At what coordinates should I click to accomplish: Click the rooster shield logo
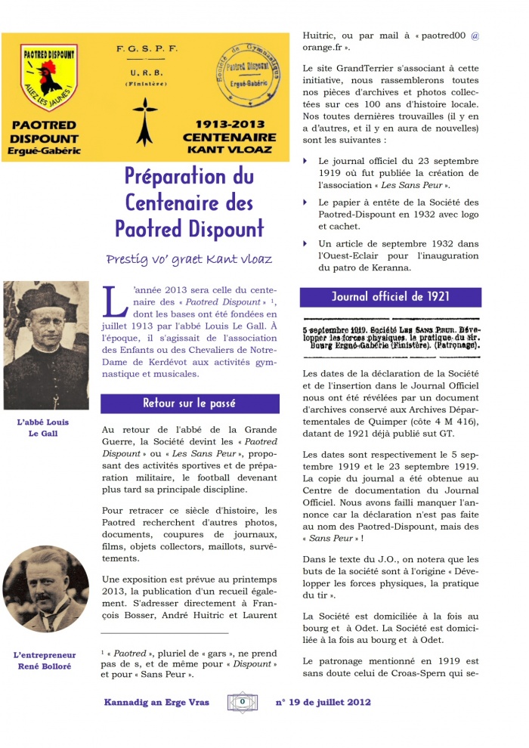point(48,77)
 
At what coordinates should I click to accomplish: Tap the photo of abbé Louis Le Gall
point(46,345)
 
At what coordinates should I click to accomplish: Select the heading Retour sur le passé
point(190,403)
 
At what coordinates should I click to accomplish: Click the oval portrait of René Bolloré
point(46,590)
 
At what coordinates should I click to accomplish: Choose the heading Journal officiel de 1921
point(390,297)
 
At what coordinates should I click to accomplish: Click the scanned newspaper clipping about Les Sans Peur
point(390,338)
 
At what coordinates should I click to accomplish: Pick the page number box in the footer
point(243,702)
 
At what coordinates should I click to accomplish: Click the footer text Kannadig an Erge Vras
point(156,703)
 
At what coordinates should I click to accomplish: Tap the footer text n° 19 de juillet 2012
point(323,703)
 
